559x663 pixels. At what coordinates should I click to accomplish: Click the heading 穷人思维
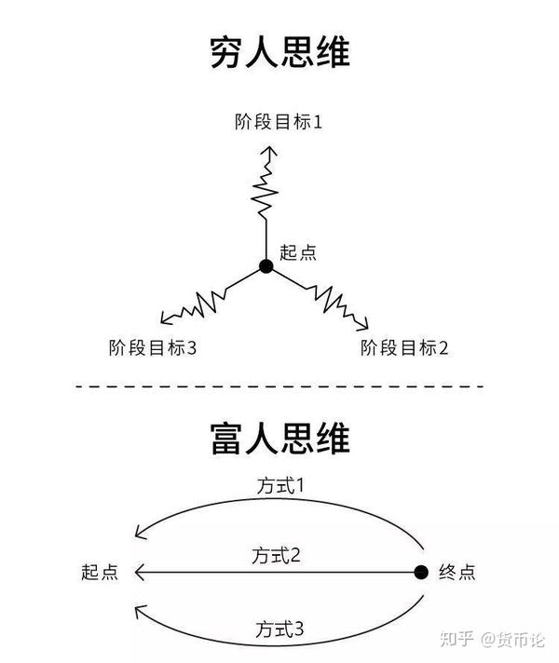pyautogui.click(x=279, y=53)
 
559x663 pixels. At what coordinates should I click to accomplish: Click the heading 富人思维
pyautogui.click(x=279, y=439)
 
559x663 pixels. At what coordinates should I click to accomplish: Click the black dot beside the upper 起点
pyautogui.click(x=266, y=266)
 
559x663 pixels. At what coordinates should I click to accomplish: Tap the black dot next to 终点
pyautogui.click(x=420, y=571)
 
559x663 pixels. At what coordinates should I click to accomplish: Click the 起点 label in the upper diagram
pyautogui.click(x=298, y=251)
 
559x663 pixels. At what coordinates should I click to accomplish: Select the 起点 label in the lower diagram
pyautogui.click(x=100, y=572)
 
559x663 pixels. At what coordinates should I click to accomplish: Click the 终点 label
pyautogui.click(x=457, y=572)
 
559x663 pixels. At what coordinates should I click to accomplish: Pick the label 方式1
pyautogui.click(x=279, y=485)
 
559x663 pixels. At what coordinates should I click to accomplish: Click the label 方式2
pyautogui.click(x=277, y=556)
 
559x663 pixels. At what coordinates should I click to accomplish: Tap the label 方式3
pyautogui.click(x=279, y=629)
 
